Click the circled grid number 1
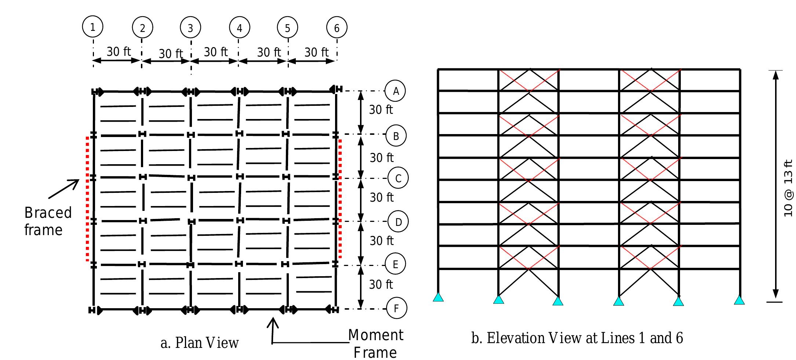click(x=92, y=27)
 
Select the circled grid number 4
click(x=239, y=28)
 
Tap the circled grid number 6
click(x=337, y=28)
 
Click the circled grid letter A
click(x=395, y=91)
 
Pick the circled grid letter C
click(x=398, y=179)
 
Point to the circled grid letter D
click(x=398, y=222)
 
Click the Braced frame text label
click(x=48, y=221)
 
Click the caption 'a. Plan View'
click(x=200, y=343)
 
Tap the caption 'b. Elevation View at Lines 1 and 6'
click(x=577, y=338)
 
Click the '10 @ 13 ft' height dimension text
click(x=788, y=188)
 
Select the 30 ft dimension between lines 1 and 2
click(x=118, y=52)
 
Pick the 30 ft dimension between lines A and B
click(x=381, y=109)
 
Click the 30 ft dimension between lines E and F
click(x=381, y=284)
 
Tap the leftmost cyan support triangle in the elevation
click(x=438, y=297)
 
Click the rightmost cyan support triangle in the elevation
click(x=739, y=300)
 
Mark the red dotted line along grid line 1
click(x=87, y=198)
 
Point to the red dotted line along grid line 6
click(x=340, y=198)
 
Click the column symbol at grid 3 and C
click(x=191, y=178)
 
